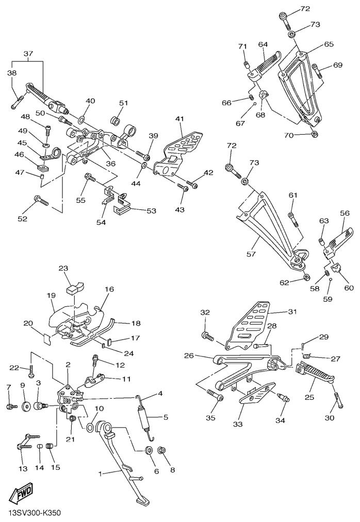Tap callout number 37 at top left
(x=28, y=54)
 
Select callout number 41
(x=179, y=119)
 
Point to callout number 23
(x=63, y=269)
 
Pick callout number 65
(x=329, y=45)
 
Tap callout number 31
(x=293, y=312)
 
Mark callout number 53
(x=152, y=211)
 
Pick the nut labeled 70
(x=315, y=135)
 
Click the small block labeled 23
(x=73, y=287)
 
